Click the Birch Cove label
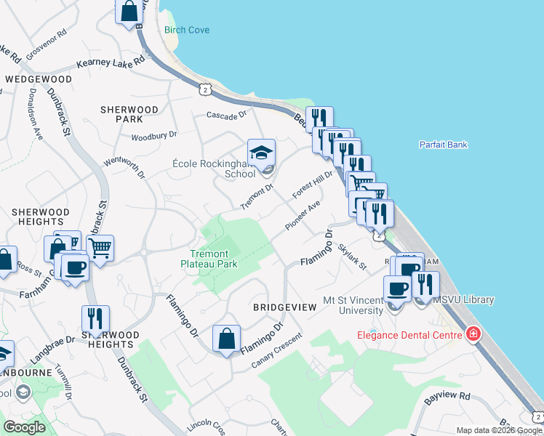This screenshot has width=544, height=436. [x=187, y=30]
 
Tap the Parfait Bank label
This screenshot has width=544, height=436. [x=443, y=145]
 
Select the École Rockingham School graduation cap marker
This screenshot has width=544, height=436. [x=261, y=153]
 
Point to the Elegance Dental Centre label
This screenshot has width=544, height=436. [x=409, y=335]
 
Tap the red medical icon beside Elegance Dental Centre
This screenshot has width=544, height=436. [x=474, y=334]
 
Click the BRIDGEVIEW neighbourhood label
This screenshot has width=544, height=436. [x=284, y=307]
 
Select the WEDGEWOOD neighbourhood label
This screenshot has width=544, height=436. [x=39, y=78]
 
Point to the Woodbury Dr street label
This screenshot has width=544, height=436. [x=154, y=136]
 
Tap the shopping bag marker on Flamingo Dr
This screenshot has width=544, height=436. [x=226, y=338]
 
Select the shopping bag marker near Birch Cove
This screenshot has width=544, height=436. [x=129, y=12]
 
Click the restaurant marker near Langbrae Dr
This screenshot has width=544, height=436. [x=95, y=319]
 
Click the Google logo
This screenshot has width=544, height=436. [x=24, y=427]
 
